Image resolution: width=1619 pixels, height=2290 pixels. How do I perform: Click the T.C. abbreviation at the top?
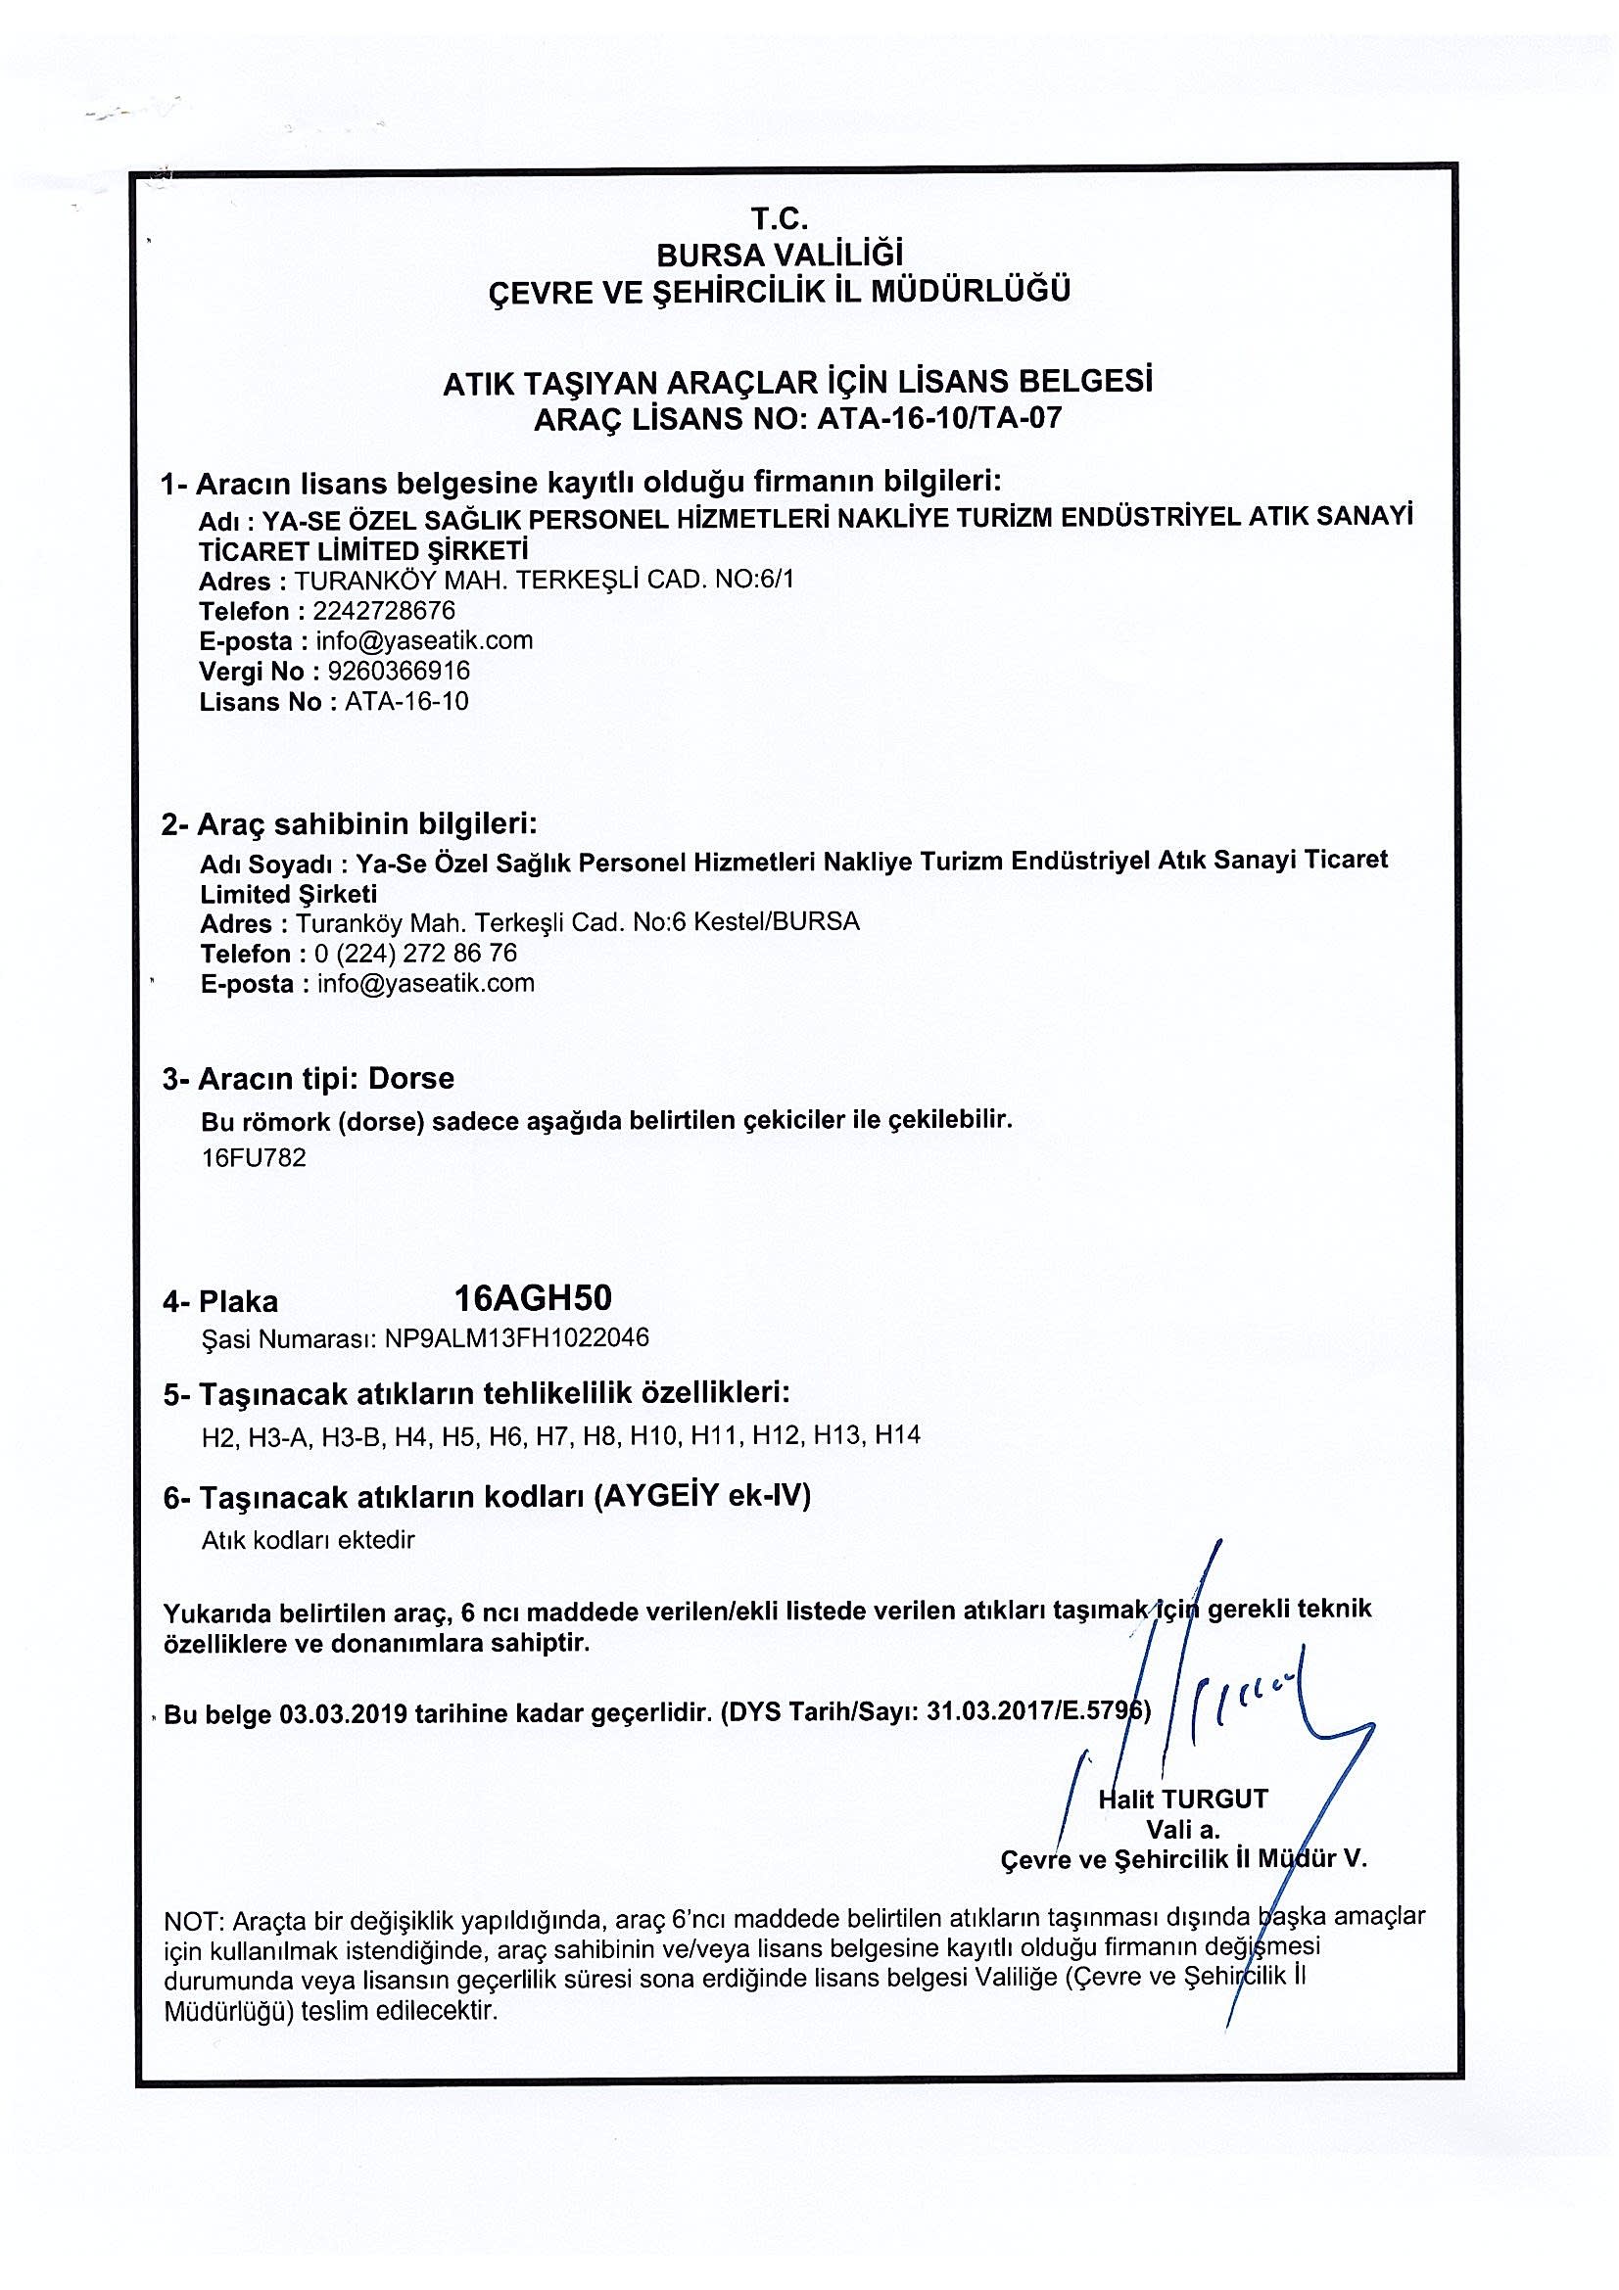point(779,218)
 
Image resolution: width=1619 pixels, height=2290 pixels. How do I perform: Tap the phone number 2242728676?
point(384,610)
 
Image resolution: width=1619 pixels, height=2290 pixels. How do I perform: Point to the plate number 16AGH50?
point(533,1297)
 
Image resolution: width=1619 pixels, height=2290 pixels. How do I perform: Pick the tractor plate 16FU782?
point(254,1158)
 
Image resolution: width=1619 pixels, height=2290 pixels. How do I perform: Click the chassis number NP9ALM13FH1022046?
point(517,1337)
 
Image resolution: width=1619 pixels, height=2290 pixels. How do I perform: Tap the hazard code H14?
point(897,1435)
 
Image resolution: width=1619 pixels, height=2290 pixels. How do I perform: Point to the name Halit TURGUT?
point(1183,1799)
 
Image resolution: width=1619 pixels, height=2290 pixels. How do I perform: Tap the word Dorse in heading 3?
point(411,1078)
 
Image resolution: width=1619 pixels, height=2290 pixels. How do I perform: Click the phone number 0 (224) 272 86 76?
point(416,953)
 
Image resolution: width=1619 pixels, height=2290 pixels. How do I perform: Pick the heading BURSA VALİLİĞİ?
point(779,255)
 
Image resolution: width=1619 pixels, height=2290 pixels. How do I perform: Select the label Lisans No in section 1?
point(261,701)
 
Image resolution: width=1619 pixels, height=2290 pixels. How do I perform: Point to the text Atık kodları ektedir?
point(308,1540)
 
